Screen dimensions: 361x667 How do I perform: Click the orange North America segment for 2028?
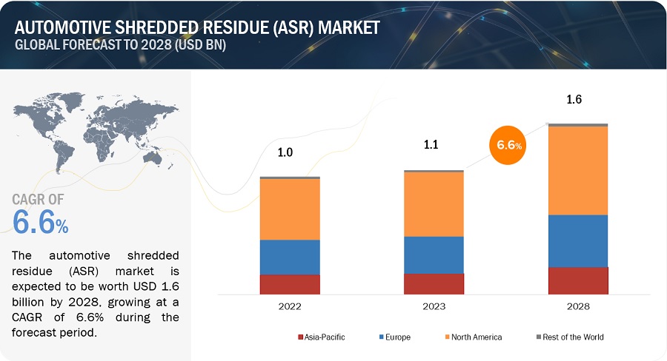coord(577,171)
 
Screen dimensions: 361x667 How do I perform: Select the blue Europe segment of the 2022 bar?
coord(290,257)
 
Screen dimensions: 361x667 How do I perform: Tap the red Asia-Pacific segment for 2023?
coord(434,284)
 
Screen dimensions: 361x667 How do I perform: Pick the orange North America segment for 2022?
coord(290,209)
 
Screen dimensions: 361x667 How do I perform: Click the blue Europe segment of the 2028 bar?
coord(577,241)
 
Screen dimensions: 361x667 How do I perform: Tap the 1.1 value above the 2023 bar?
coord(431,145)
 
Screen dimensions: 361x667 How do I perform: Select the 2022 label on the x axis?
coord(290,306)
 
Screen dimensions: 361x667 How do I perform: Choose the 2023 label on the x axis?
coord(434,306)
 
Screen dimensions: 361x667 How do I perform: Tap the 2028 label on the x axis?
coord(577,306)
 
